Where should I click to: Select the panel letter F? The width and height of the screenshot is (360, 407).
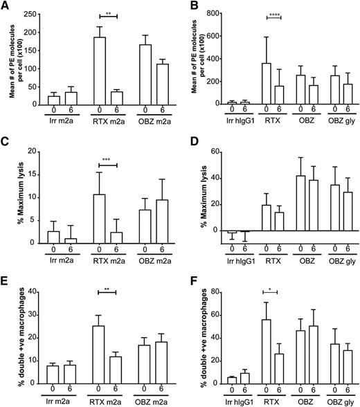point(188,275)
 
